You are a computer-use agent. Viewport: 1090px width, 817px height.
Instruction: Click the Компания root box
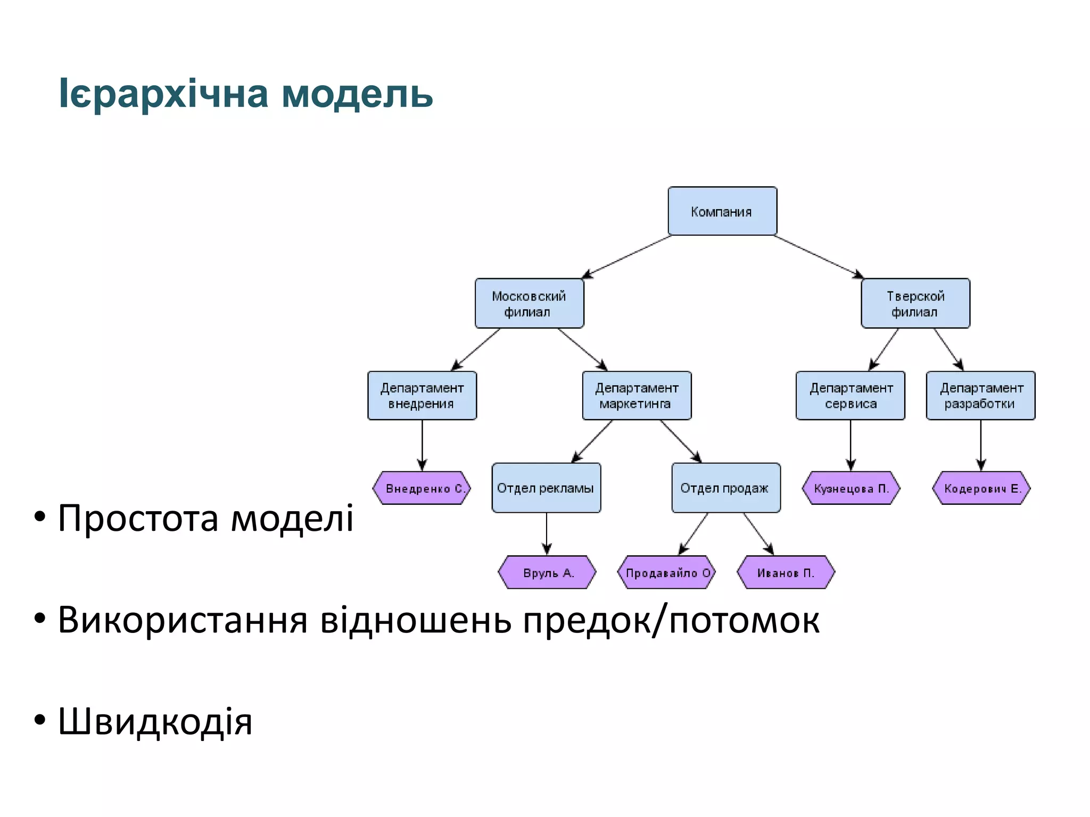coord(722,211)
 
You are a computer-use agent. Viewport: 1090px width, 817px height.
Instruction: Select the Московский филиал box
coord(529,303)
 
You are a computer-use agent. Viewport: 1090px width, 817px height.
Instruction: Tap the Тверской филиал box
coord(915,303)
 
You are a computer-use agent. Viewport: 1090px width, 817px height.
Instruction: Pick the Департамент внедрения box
coord(422,396)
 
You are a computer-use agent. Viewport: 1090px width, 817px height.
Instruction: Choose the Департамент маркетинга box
coord(637,396)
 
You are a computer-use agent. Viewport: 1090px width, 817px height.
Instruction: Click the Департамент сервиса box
coord(850,396)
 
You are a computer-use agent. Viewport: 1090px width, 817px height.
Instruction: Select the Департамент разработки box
coord(980,396)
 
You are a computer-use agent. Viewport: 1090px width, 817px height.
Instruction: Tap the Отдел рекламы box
coord(546,488)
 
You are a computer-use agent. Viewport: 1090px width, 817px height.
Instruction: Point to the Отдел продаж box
coord(726,488)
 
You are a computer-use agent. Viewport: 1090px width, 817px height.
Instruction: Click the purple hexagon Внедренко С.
coord(422,488)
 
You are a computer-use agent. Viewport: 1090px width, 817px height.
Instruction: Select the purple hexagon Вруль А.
coord(547,573)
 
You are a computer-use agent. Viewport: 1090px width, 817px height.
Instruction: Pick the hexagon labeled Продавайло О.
coord(666,573)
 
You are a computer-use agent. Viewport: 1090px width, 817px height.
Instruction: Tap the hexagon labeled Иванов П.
coord(786,573)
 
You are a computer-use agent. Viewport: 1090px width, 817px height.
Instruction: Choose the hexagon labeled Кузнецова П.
coord(850,488)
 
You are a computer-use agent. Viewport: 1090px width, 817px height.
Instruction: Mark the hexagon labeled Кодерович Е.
coord(981,488)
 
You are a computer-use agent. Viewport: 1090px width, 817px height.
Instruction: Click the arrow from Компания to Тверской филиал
coord(819,257)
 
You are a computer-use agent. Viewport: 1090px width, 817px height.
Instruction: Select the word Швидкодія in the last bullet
coord(155,722)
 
